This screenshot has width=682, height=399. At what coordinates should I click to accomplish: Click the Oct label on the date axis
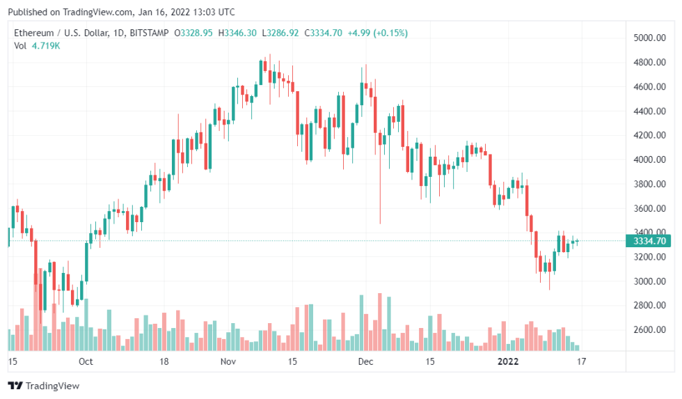[86, 361]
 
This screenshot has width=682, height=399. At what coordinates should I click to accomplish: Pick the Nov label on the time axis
[229, 361]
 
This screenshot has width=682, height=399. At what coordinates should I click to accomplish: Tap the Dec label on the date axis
[366, 361]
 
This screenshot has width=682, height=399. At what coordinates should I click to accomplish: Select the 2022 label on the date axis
[509, 361]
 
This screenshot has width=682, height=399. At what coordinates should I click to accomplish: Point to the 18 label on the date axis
[165, 361]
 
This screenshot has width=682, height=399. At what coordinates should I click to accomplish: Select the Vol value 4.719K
[46, 46]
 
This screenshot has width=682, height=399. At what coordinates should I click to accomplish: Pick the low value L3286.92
[280, 33]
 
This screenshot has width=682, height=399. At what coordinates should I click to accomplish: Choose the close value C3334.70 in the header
[323, 33]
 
